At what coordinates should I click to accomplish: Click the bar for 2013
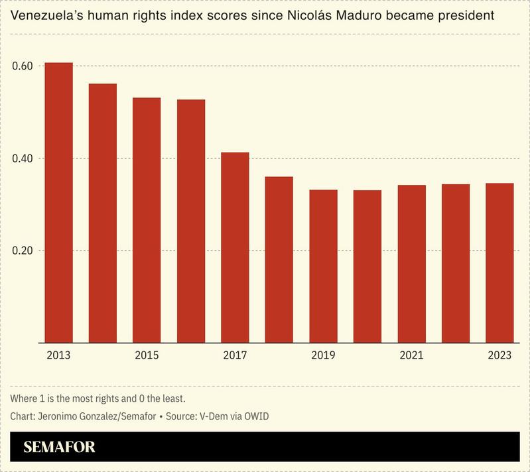point(58,202)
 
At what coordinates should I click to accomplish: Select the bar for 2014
point(103,213)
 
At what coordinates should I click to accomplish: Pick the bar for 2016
point(191,221)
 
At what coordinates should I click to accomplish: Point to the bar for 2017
point(235,247)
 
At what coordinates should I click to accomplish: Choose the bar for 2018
point(279,259)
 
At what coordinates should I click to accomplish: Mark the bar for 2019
point(323,266)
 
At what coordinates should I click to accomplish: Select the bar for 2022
point(456,263)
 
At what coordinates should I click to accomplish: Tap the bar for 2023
point(499,263)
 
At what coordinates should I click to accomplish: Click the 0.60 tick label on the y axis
point(23,66)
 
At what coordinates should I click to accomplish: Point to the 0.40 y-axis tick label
point(23,158)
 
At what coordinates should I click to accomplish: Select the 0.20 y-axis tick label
point(23,251)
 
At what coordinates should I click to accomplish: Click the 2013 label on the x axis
point(58,355)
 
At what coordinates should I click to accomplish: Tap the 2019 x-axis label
point(323,355)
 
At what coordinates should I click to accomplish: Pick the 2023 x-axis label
point(499,355)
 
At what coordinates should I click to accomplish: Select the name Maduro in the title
point(369,15)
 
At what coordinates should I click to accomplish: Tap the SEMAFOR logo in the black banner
point(60,447)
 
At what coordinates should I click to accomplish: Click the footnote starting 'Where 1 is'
point(98,398)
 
